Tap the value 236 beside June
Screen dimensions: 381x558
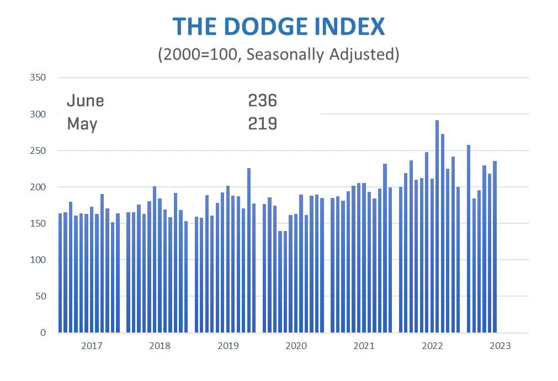[262, 100]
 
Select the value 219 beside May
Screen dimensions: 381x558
[262, 124]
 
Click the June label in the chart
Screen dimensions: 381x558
[85, 100]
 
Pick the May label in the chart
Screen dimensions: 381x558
[82, 124]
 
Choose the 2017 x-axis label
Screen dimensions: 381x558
[92, 346]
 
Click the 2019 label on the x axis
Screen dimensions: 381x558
[228, 346]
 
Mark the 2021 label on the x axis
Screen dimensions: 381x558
[364, 346]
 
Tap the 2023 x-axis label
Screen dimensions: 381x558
[500, 346]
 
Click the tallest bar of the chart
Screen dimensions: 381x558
[437, 226]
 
